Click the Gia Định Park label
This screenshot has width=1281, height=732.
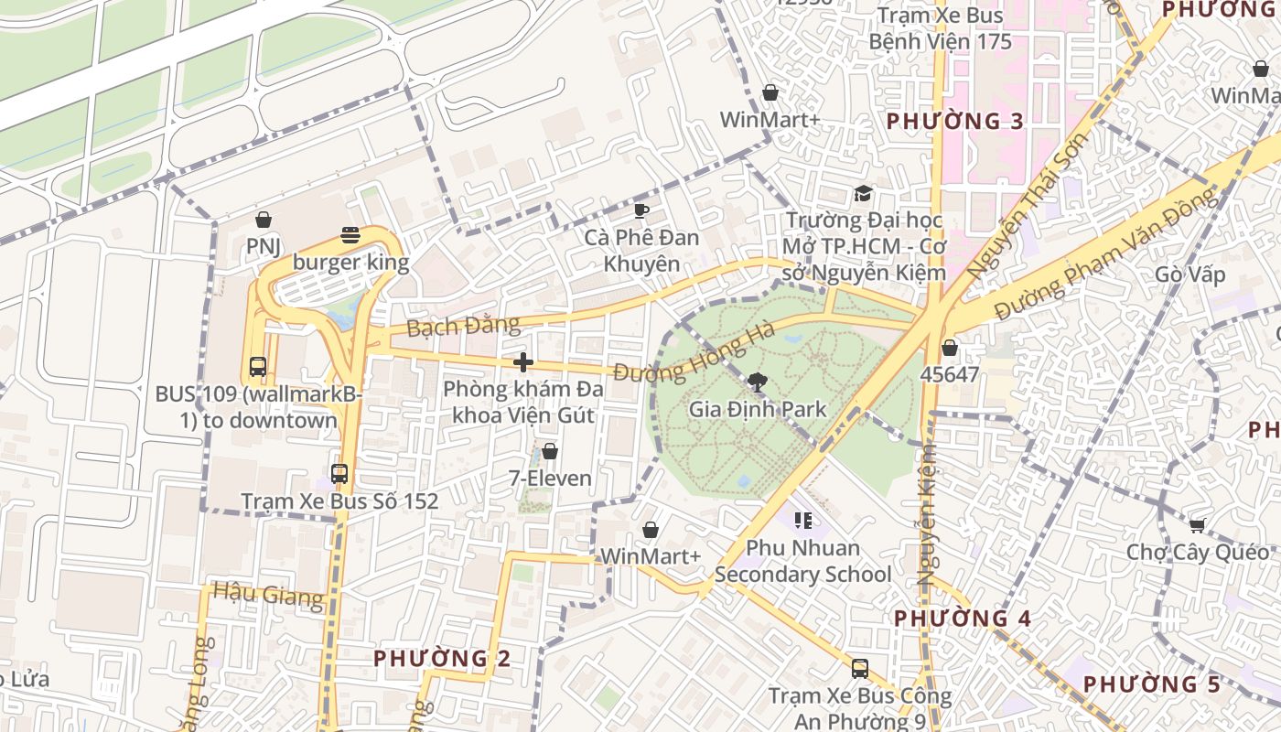click(x=757, y=409)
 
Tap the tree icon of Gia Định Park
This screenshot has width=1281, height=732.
click(x=757, y=382)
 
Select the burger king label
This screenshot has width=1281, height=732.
click(x=350, y=263)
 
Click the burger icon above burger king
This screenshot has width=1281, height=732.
click(x=350, y=236)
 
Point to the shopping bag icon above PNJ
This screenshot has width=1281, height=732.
click(x=264, y=220)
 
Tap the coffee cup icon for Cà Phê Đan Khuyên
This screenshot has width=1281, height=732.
click(x=641, y=211)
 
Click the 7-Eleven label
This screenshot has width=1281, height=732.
click(x=550, y=478)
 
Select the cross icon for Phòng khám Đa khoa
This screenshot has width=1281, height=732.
click(x=523, y=362)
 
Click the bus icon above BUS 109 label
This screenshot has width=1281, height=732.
click(x=258, y=367)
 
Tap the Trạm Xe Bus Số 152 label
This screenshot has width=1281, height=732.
click(x=339, y=501)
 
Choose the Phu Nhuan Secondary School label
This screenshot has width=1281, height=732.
click(x=802, y=561)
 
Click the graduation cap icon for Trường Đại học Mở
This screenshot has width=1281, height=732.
click(x=863, y=193)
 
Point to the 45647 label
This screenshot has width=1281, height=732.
click(x=950, y=374)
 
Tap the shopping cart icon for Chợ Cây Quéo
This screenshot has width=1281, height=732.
click(x=1197, y=525)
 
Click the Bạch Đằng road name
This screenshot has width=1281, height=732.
click(x=463, y=326)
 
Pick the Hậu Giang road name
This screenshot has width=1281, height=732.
click(x=268, y=595)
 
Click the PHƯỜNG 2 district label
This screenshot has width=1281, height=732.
click(x=442, y=658)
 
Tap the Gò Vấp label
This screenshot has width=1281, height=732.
click(x=1189, y=274)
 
